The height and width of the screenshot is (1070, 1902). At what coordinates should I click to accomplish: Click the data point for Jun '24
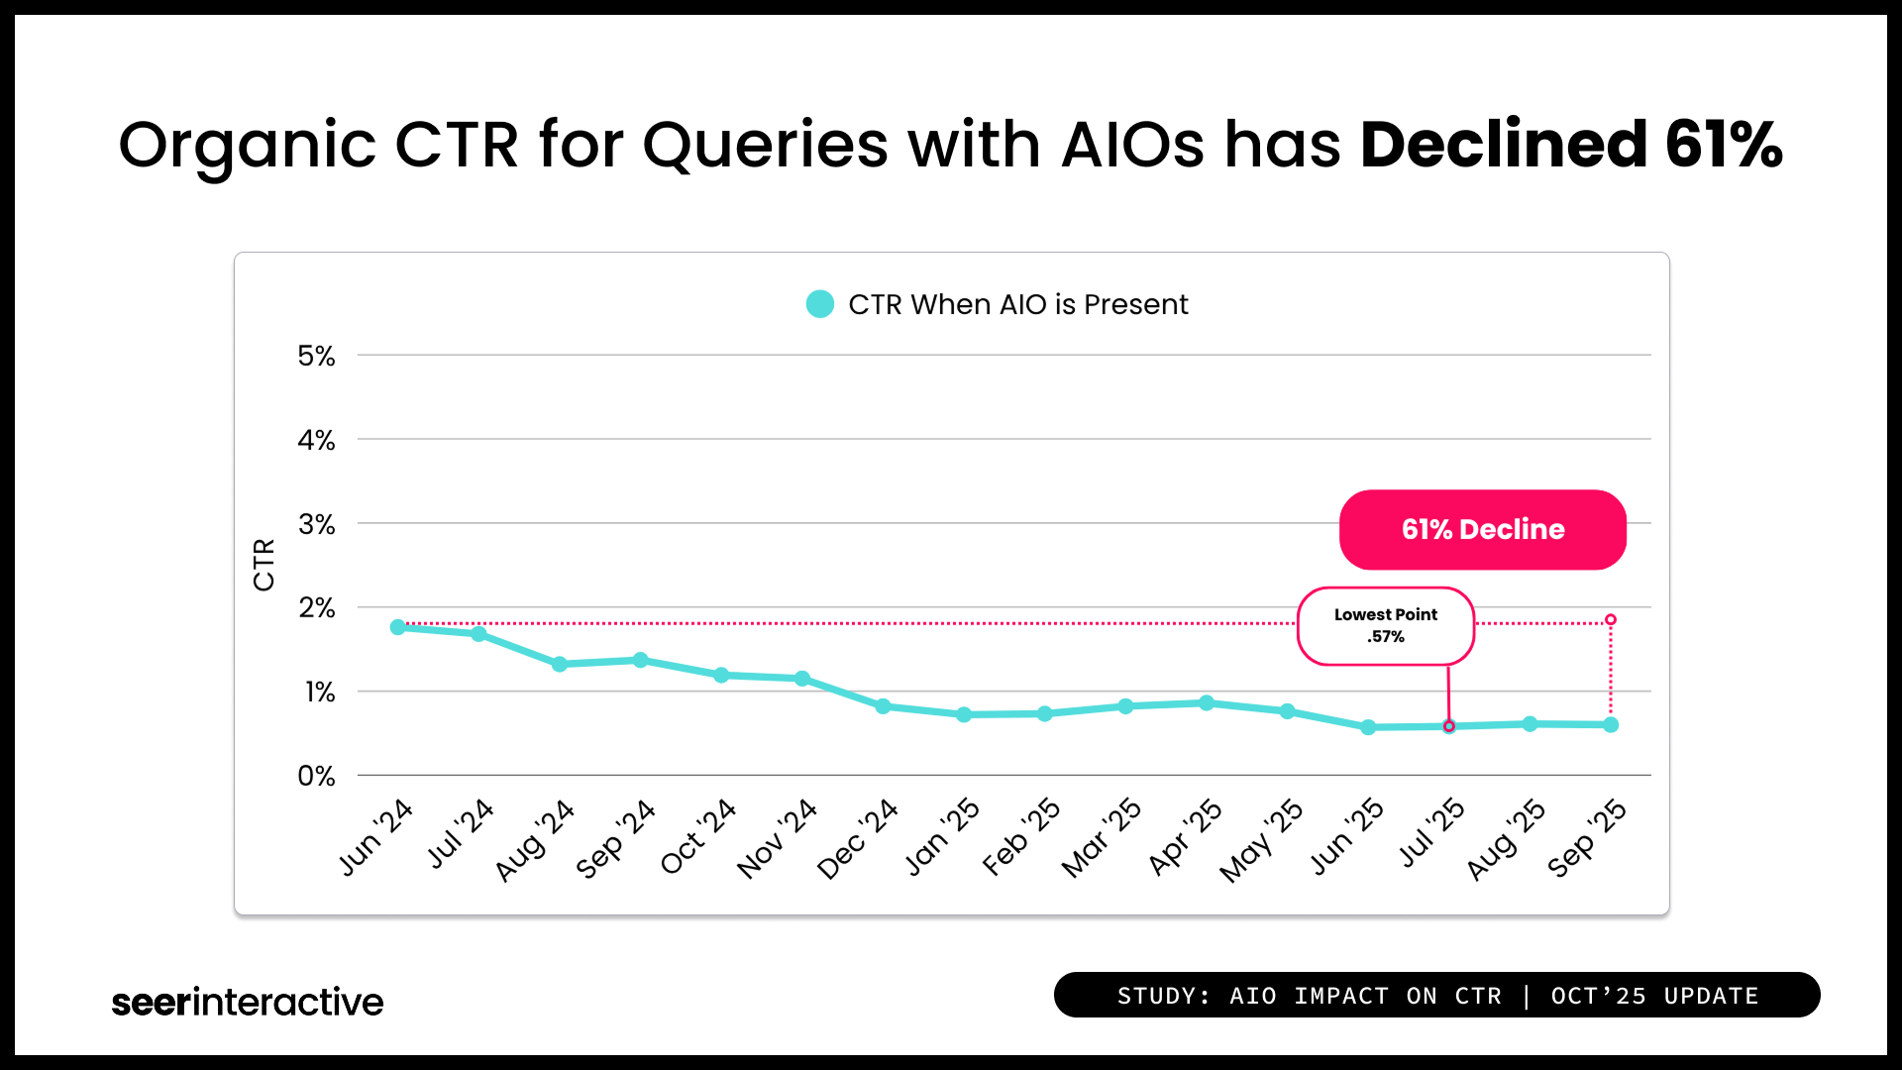coord(398,627)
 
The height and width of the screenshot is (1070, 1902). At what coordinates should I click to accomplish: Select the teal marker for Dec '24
coord(883,706)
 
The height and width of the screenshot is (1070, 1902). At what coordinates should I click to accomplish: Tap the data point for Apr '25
coord(1207,702)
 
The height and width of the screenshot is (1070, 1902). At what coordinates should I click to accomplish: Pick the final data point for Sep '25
coord(1611,725)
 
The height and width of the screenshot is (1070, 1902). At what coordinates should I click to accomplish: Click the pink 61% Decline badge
coord(1482,529)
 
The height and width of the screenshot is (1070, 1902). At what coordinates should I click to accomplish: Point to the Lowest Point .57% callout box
coord(1385,625)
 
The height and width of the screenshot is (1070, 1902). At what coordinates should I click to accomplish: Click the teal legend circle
coord(820,304)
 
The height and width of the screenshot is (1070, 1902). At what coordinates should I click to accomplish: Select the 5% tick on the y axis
coord(316,356)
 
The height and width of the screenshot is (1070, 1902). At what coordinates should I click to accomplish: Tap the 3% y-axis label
coord(316,524)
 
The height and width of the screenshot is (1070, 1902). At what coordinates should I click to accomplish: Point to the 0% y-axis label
coord(316,776)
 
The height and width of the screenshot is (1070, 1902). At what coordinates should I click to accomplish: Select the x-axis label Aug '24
coord(535,840)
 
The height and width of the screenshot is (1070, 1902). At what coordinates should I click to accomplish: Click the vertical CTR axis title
coord(264,565)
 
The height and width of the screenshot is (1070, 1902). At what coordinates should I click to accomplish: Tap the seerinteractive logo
coord(247,1002)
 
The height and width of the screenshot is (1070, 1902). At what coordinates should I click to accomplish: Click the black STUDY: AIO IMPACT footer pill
coord(1436,995)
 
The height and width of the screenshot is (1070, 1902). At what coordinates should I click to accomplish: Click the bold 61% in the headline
coord(1724,145)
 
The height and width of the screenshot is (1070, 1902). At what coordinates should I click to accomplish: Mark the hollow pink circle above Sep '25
coord(1611,619)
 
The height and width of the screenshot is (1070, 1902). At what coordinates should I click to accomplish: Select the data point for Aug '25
coord(1530,724)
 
